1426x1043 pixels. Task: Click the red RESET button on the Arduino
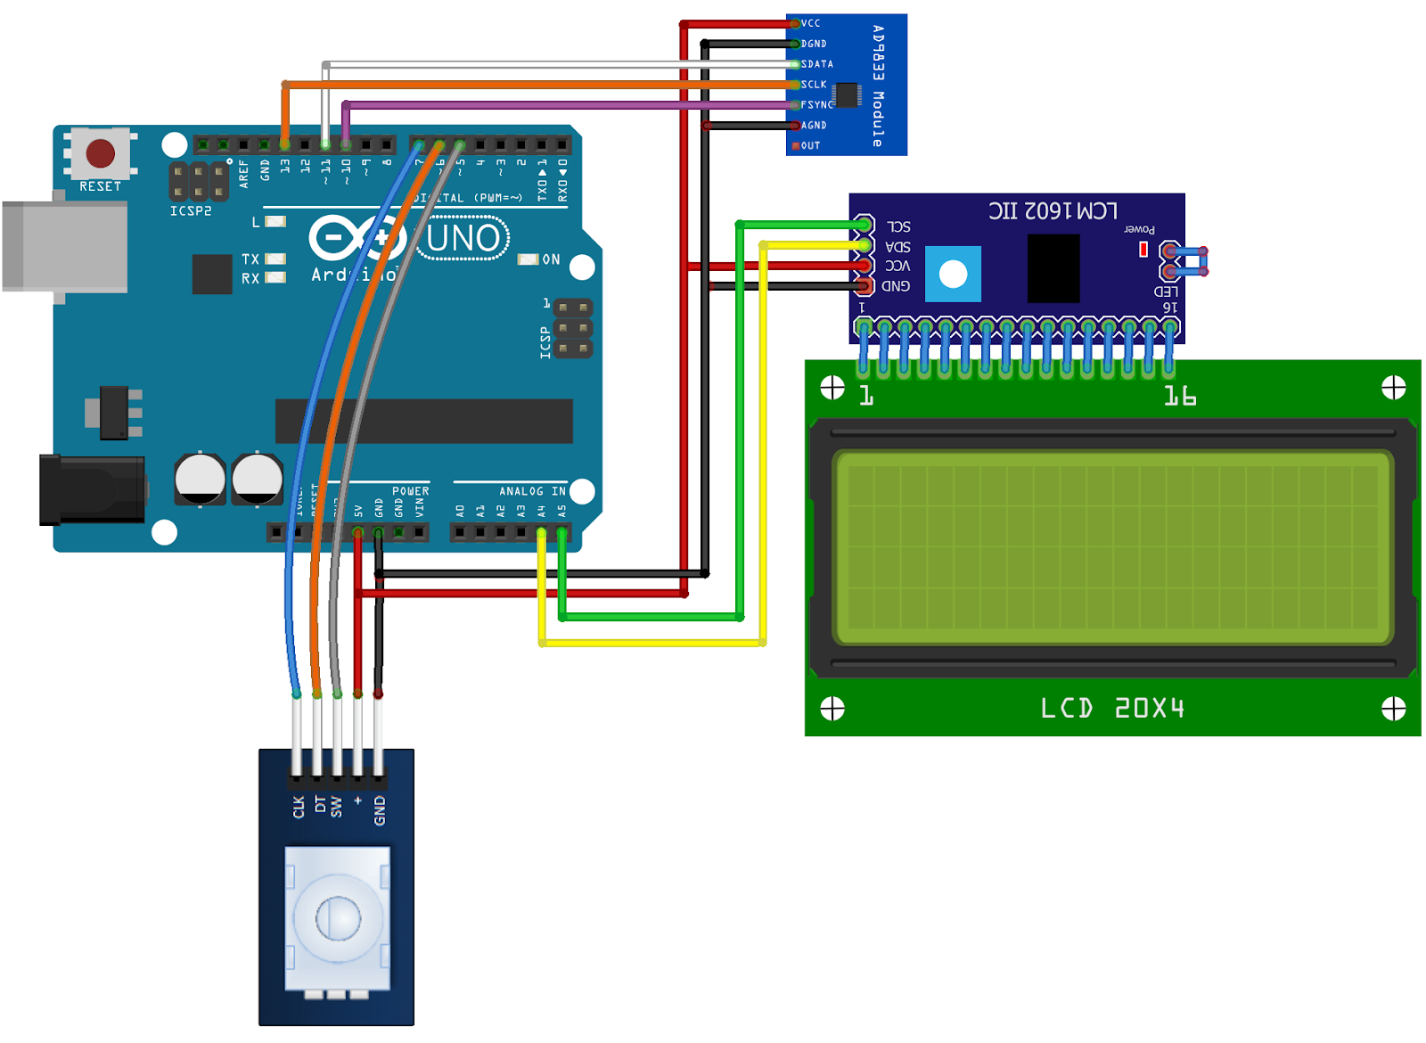100,153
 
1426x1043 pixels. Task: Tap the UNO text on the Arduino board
463,238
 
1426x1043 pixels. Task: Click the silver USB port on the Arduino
65,247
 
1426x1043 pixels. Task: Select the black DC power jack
92,489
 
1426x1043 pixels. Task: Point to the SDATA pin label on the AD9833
816,64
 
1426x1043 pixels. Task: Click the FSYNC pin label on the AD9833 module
816,104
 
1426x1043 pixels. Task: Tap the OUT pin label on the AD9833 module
809,145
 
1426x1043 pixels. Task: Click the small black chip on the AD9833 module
847,94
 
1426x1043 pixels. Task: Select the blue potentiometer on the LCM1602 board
953,274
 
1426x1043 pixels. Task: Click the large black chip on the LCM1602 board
1053,268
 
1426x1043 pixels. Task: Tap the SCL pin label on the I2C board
898,226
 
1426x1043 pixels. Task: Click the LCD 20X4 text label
1112,708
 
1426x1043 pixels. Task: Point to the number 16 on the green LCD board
1179,396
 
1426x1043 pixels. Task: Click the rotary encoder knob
338,918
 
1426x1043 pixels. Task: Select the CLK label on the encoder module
299,807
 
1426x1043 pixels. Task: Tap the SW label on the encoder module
336,807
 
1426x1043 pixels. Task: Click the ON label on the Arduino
551,259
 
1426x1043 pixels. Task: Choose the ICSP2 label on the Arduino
191,211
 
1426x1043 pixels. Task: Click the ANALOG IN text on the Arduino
531,491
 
